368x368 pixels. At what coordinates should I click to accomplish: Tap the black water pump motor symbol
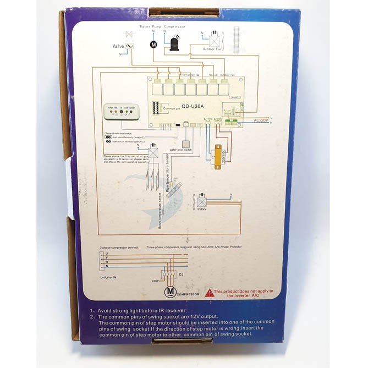coord(153,43)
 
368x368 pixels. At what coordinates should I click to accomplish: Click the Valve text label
coord(118,46)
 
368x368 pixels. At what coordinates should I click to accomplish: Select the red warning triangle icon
coord(209,293)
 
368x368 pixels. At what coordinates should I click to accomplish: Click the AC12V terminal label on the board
coord(208,119)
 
